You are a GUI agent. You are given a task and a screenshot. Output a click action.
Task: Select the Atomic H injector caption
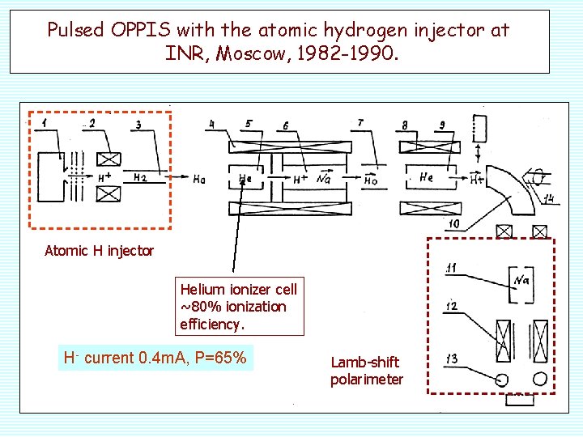click(x=99, y=251)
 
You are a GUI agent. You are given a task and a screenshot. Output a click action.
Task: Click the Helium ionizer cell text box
click(x=238, y=307)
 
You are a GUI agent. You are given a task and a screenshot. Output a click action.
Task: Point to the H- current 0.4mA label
click(x=155, y=358)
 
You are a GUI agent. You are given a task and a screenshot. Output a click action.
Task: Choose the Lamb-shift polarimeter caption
click(x=366, y=371)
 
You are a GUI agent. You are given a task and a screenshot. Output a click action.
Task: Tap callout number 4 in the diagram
click(x=211, y=124)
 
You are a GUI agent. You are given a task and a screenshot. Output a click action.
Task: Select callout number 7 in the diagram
click(x=360, y=123)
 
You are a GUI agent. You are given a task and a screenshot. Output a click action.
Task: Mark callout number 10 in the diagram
click(x=453, y=223)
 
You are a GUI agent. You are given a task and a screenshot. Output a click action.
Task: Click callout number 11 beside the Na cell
click(x=451, y=268)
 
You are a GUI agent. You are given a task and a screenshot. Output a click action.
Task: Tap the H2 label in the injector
click(x=140, y=177)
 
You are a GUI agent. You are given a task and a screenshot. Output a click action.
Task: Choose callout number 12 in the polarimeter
click(x=452, y=306)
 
